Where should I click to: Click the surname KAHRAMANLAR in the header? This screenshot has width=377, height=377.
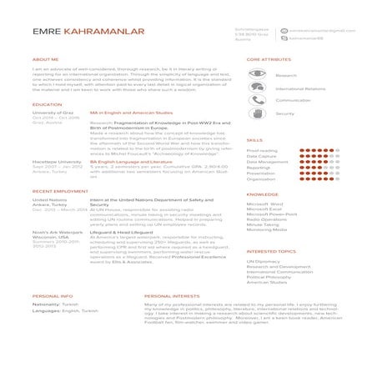click(x=103, y=32)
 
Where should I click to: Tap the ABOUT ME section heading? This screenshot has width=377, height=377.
click(x=45, y=60)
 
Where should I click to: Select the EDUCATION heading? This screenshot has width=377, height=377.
click(x=47, y=104)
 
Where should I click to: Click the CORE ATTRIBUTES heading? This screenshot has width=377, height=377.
click(x=269, y=60)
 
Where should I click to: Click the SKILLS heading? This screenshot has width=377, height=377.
click(x=255, y=141)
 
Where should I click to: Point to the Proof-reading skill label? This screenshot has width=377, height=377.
click(x=262, y=150)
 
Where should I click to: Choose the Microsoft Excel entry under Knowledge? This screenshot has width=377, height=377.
click(x=264, y=209)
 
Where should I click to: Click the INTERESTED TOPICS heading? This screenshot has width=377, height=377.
click(x=271, y=251)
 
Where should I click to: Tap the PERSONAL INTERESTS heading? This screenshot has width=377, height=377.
click(x=172, y=296)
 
